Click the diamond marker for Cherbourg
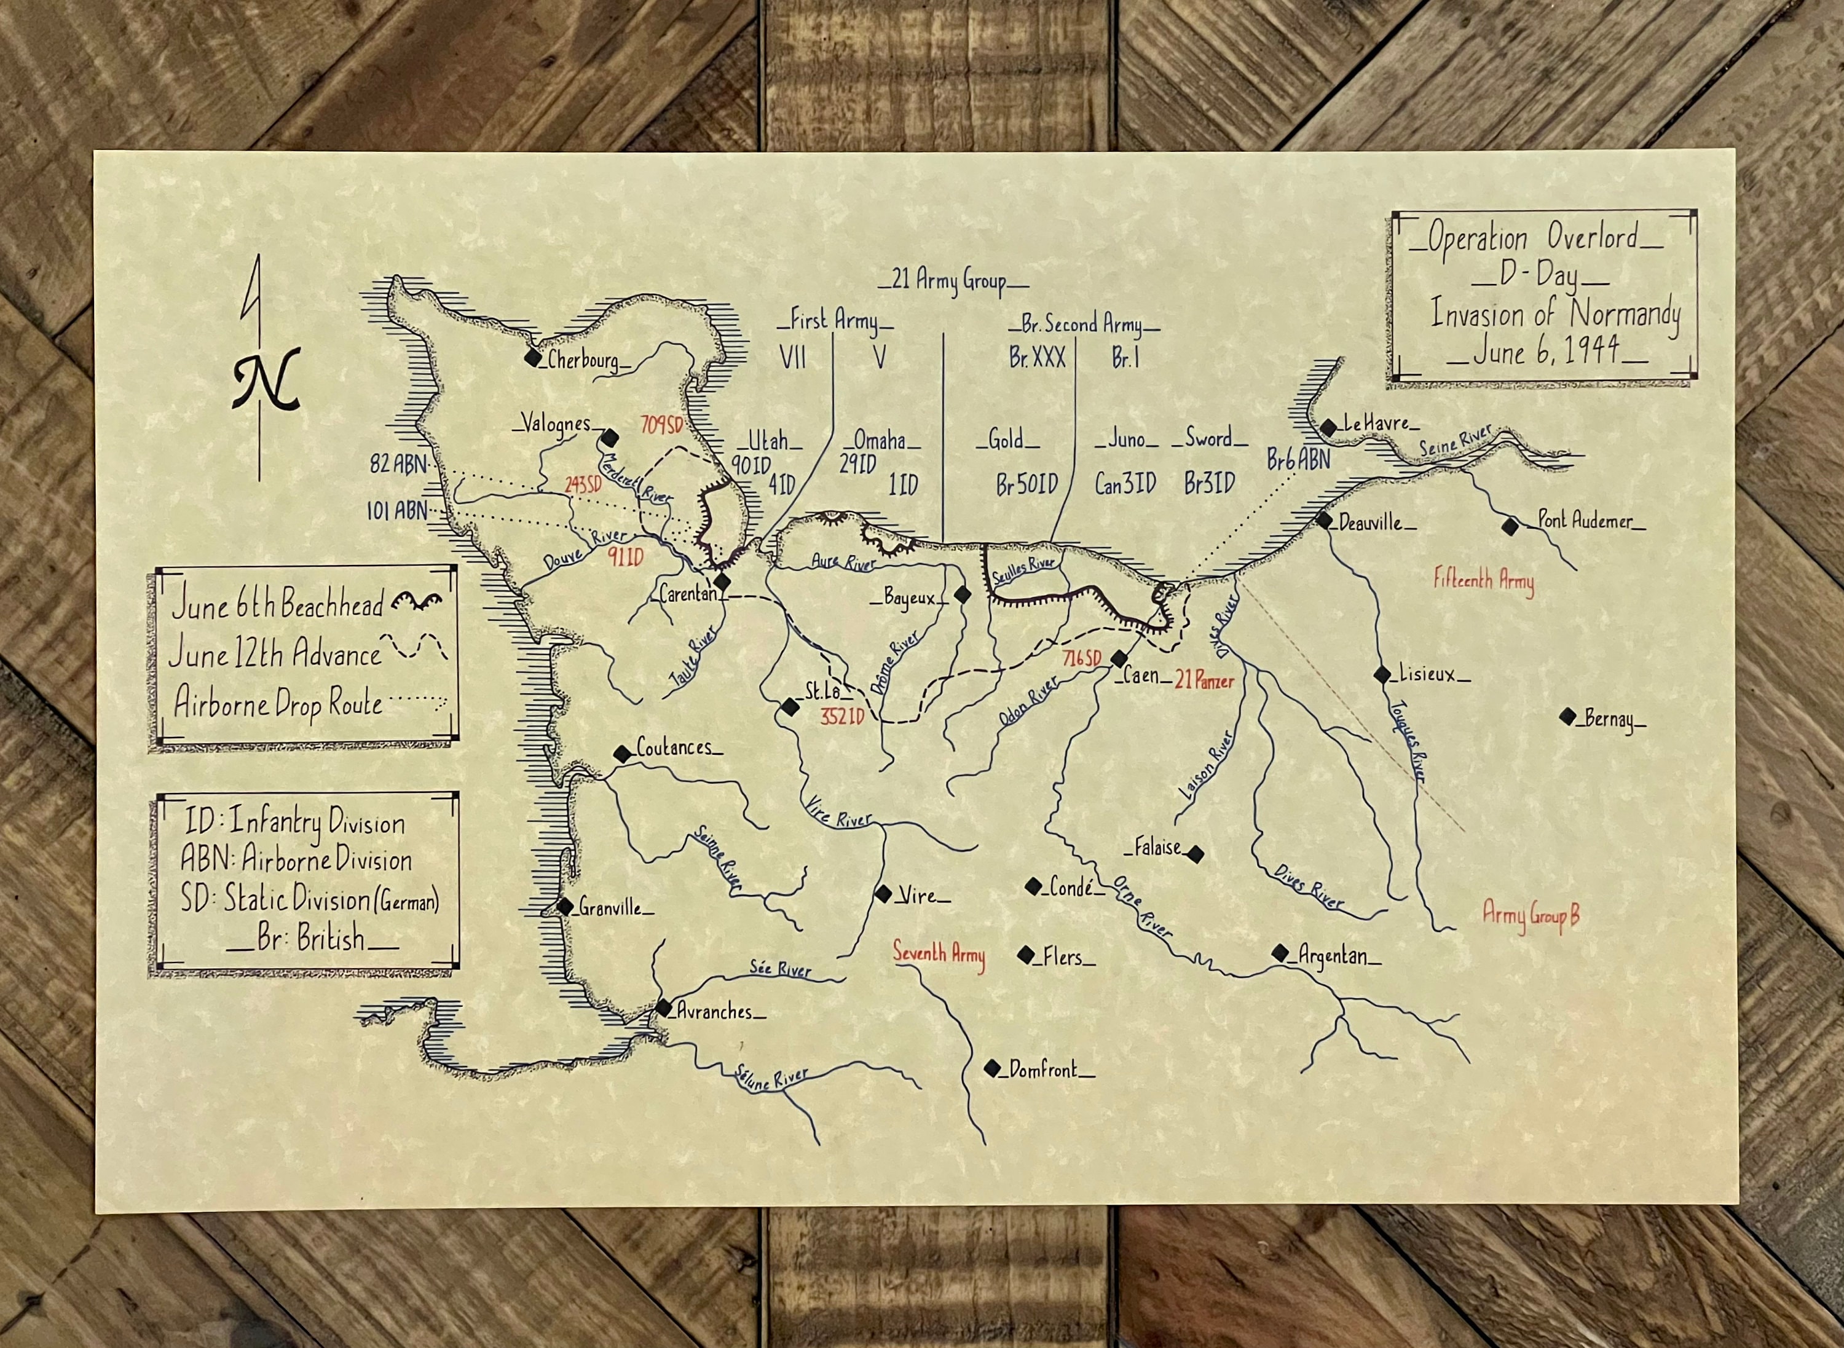[x=533, y=357]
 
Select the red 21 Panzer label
[x=1204, y=680]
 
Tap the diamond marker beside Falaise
[x=1196, y=854]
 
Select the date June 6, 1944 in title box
[x=1546, y=352]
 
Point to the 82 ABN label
[x=398, y=464]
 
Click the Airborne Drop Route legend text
[x=278, y=703]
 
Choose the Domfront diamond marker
[x=992, y=1068]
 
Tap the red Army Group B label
[x=1531, y=914]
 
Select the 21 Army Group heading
[x=953, y=281]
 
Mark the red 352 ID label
[x=842, y=717]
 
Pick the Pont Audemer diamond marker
[x=1510, y=526]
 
